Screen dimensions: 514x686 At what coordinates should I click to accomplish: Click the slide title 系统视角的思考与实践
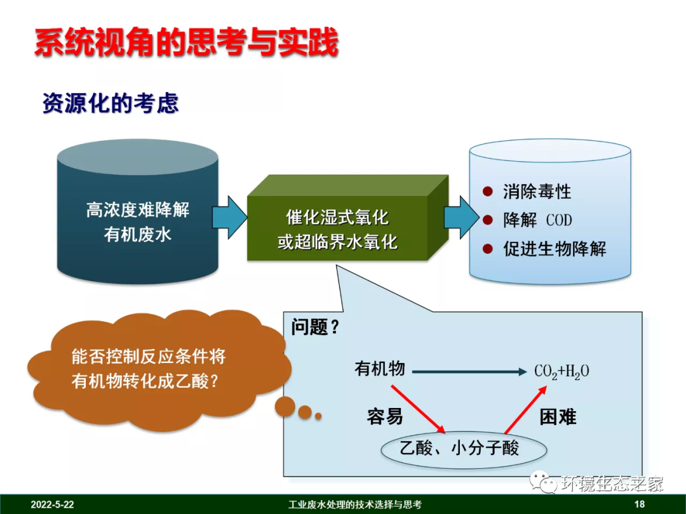point(185,43)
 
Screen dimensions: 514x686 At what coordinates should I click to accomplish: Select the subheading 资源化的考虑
point(111,103)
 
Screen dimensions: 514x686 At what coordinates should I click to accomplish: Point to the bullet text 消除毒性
point(537,191)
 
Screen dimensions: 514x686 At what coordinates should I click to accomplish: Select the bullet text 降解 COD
point(537,220)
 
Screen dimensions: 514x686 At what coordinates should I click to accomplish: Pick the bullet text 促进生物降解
point(555,249)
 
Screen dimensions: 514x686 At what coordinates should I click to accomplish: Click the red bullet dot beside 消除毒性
point(488,191)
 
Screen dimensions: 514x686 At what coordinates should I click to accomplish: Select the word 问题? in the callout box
point(315,327)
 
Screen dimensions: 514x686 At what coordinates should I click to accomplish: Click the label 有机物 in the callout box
point(379,369)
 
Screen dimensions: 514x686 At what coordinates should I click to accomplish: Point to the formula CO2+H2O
point(562,371)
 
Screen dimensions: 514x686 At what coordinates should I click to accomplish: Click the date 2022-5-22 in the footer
point(52,504)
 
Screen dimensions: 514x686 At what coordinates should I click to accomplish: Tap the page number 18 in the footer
point(639,504)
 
